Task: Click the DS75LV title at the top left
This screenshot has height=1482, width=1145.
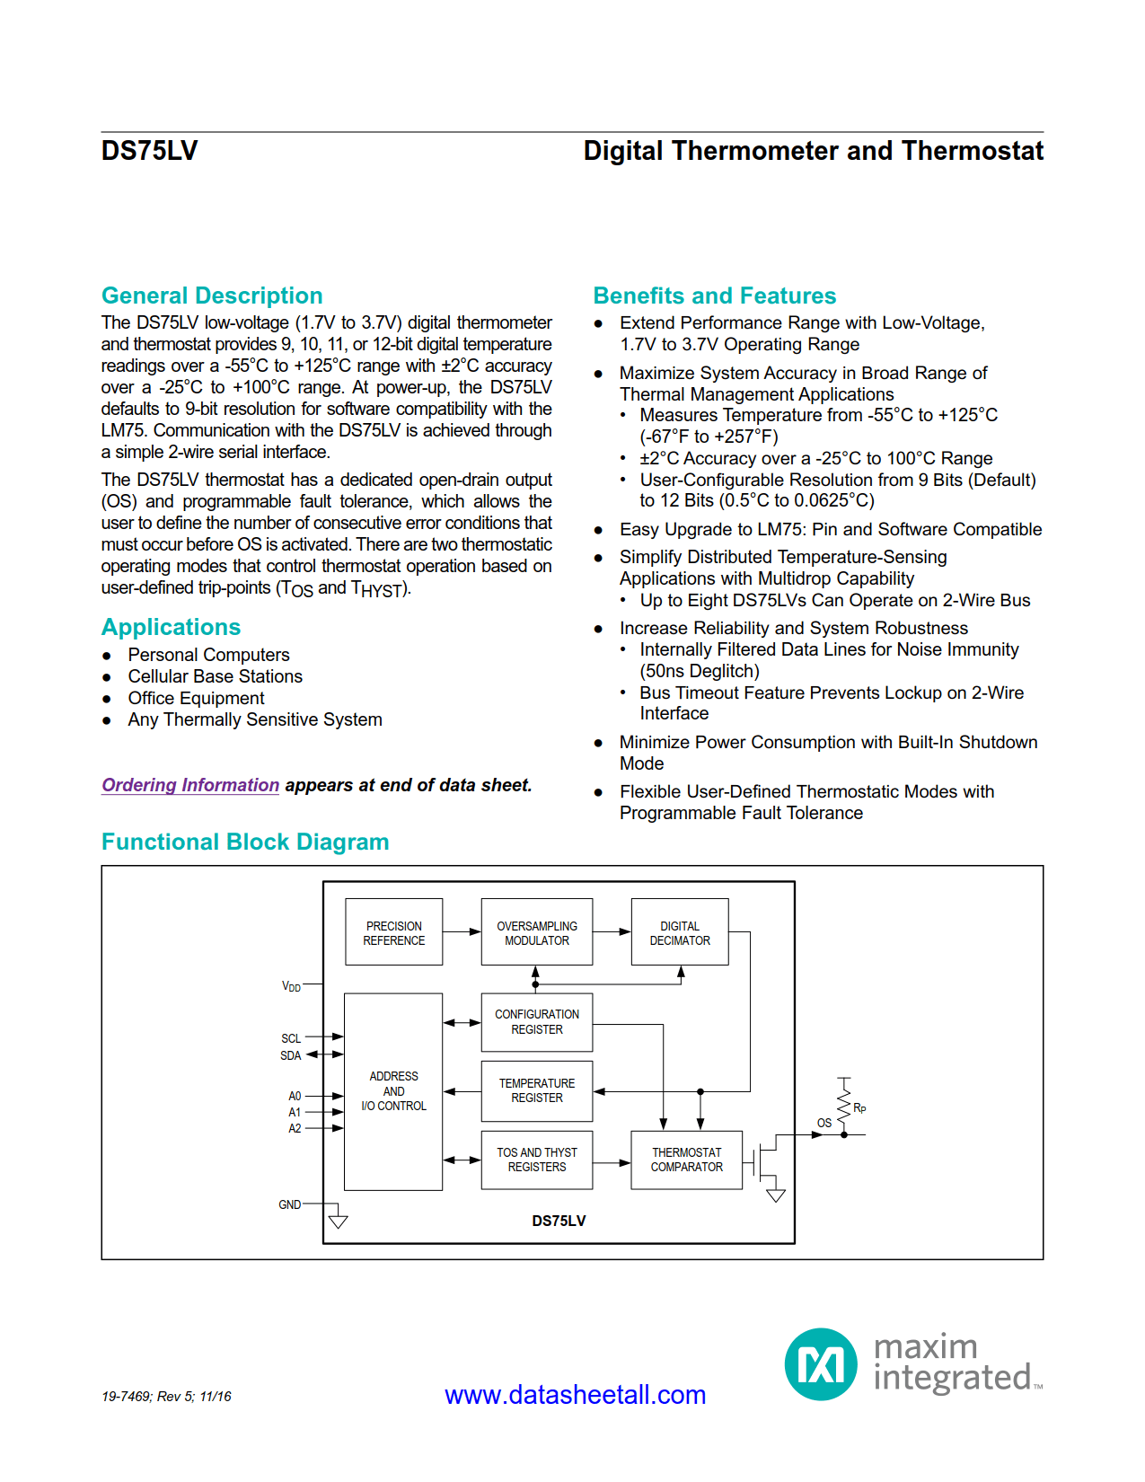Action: click(149, 151)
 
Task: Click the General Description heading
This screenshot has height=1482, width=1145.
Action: click(212, 296)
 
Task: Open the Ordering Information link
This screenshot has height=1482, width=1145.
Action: click(190, 785)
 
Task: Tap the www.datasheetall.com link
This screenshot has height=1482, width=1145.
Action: click(575, 1395)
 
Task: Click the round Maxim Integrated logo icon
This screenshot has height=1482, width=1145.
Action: click(821, 1364)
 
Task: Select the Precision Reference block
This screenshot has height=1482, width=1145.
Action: click(393, 932)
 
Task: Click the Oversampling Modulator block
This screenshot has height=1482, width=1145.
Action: click(536, 932)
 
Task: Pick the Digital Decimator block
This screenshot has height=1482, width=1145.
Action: click(679, 932)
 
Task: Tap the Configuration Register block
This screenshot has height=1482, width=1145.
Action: click(536, 1022)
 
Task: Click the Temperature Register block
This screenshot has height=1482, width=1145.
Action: click(536, 1090)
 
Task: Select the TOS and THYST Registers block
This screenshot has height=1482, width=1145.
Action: click(536, 1160)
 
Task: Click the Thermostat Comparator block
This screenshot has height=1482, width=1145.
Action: click(686, 1160)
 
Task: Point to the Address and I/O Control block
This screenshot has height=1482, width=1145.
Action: click(393, 1091)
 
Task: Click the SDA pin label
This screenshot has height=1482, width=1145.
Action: click(290, 1055)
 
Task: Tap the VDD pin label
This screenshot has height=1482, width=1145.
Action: click(291, 986)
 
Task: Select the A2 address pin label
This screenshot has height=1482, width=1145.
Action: click(295, 1128)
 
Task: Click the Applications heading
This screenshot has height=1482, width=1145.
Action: click(171, 627)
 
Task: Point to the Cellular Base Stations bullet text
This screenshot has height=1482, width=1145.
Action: click(215, 676)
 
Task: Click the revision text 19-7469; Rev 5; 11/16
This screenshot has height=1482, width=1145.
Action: click(166, 1397)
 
